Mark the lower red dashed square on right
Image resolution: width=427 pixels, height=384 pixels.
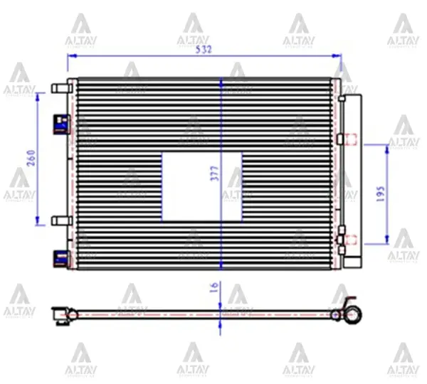[x=349, y=240]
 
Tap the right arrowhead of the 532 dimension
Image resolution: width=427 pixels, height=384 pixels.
[x=341, y=58]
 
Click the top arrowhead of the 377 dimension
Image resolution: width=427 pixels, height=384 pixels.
[x=221, y=80]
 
